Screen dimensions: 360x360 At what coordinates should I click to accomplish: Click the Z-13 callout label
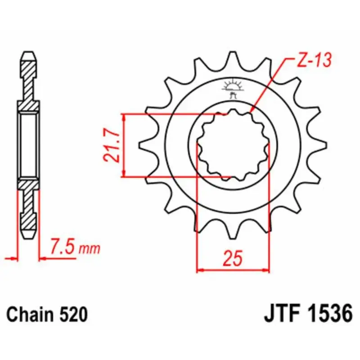[314, 60]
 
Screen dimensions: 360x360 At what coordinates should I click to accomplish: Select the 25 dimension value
[233, 258]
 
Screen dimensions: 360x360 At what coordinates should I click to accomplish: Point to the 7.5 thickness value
[63, 247]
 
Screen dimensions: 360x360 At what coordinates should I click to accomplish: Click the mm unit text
[90, 249]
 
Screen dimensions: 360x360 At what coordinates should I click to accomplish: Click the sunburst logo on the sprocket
[233, 85]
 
